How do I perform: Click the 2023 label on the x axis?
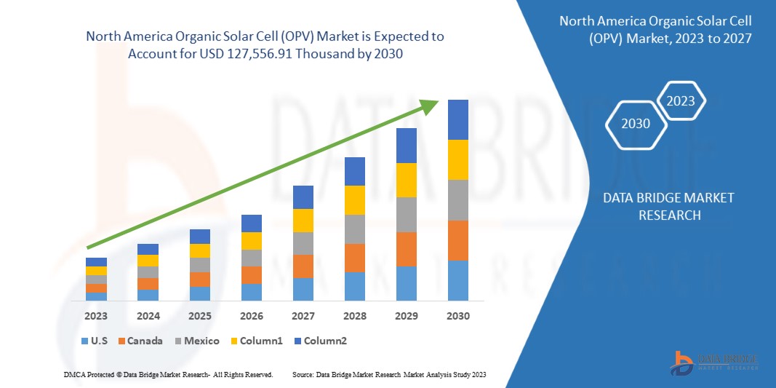(96, 316)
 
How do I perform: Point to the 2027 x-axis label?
(303, 316)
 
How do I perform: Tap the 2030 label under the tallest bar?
(458, 316)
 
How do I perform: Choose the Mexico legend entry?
(196, 341)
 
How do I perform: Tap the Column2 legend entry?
(320, 341)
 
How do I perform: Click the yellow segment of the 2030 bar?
(458, 159)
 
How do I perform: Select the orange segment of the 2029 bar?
(407, 249)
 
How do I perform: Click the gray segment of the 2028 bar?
(355, 229)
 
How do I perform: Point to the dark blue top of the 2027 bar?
(303, 197)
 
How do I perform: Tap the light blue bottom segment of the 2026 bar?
(252, 292)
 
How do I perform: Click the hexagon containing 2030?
(636, 124)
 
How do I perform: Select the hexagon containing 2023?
(681, 101)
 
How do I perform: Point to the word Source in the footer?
(303, 374)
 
